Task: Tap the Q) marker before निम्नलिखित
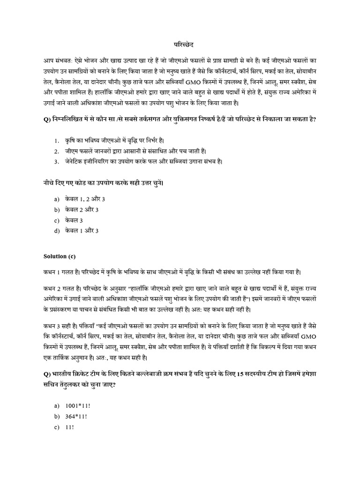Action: click(x=47, y=119)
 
